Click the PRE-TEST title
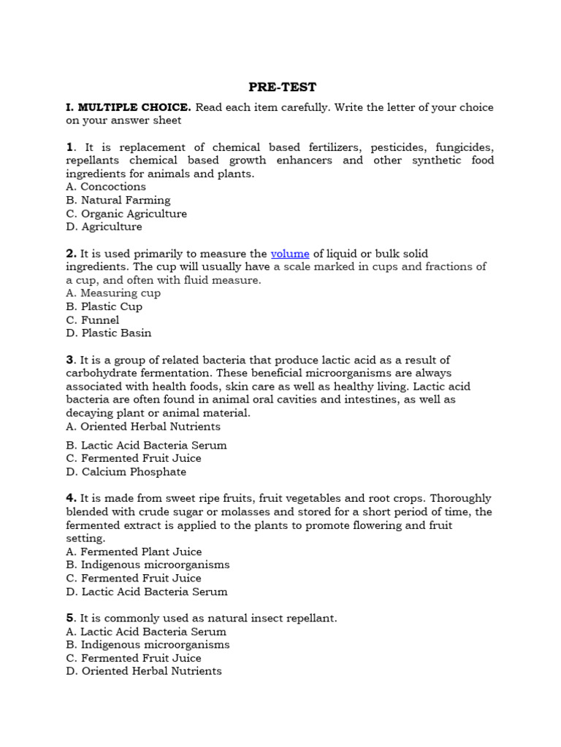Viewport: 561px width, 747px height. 282,87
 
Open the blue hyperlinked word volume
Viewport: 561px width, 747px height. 290,253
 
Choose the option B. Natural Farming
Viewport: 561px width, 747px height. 118,200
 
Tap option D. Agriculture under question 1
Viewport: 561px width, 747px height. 104,227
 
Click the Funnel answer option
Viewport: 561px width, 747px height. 92,320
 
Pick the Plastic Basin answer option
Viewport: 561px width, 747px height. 108,333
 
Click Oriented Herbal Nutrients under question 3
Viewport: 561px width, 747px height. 142,426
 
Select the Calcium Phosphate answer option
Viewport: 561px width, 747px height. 126,472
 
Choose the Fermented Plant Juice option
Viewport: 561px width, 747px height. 133,551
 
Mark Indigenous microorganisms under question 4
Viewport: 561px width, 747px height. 147,565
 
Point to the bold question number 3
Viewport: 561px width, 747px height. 69,360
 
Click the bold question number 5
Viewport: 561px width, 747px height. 69,618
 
